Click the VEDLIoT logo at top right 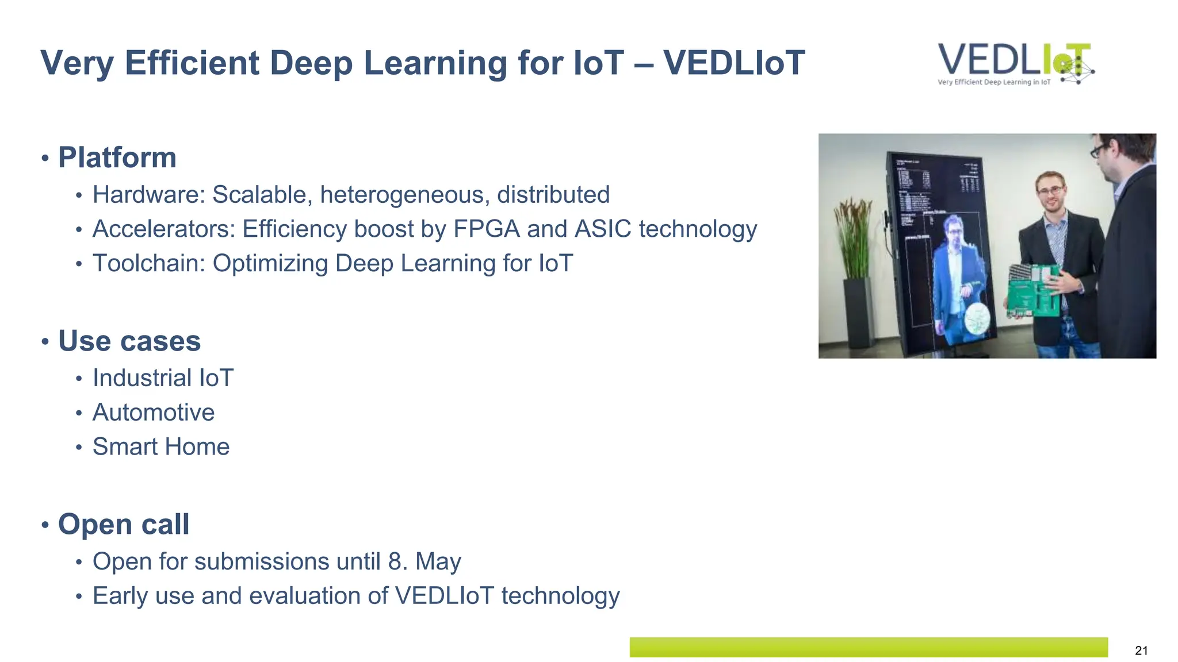click(x=1015, y=63)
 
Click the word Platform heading click(x=117, y=157)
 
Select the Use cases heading click(x=129, y=341)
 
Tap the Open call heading click(x=124, y=524)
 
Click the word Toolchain click(x=148, y=263)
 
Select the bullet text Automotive click(x=154, y=413)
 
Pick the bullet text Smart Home click(x=161, y=447)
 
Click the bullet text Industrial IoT click(x=163, y=378)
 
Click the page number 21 click(x=1141, y=651)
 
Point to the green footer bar click(x=869, y=647)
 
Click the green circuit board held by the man click(x=1034, y=290)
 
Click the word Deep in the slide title click(x=311, y=63)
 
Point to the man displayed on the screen click(x=958, y=276)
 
